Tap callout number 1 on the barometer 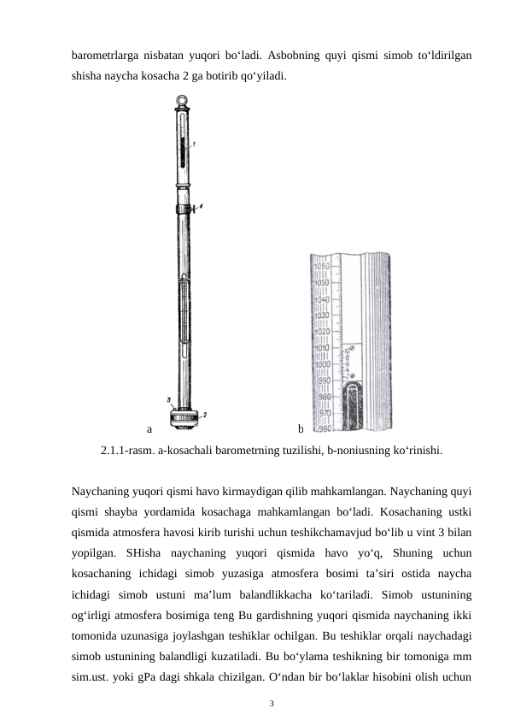tap(194, 145)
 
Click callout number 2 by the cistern tap(204, 415)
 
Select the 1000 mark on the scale tap(322, 364)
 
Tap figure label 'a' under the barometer tap(149, 428)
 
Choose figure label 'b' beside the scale tap(301, 428)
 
